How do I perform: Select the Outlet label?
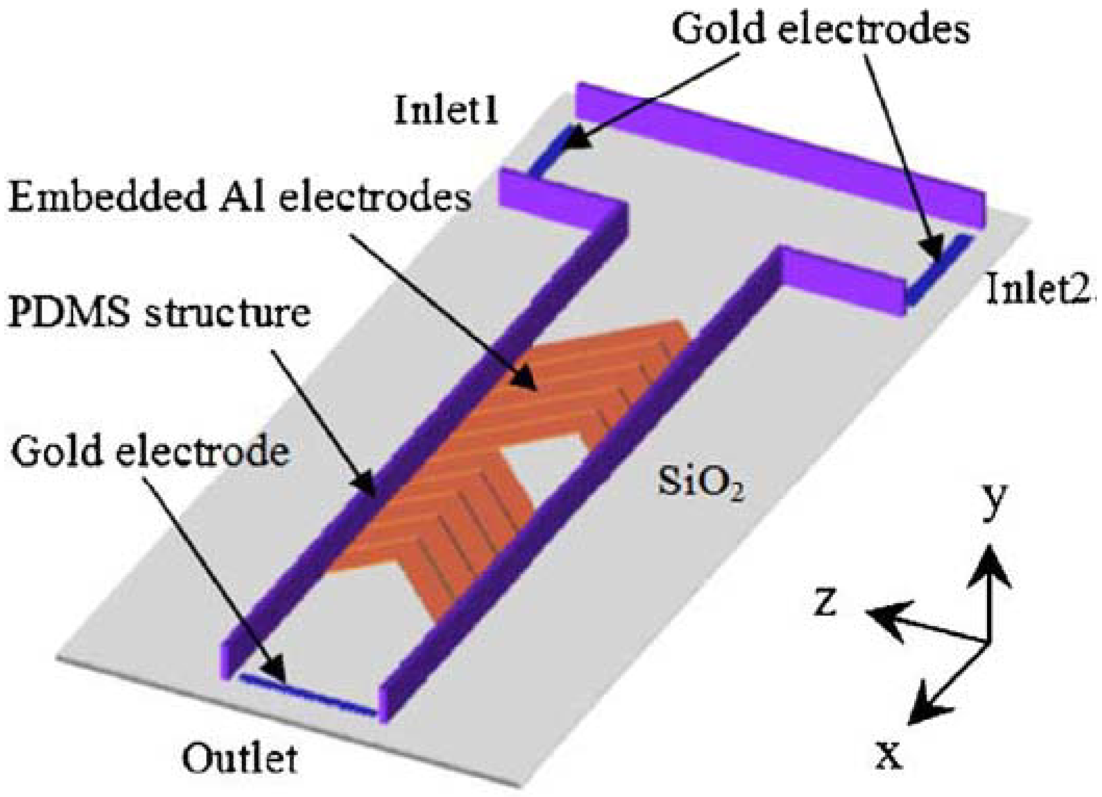point(240,759)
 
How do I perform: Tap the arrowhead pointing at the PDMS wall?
point(367,486)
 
